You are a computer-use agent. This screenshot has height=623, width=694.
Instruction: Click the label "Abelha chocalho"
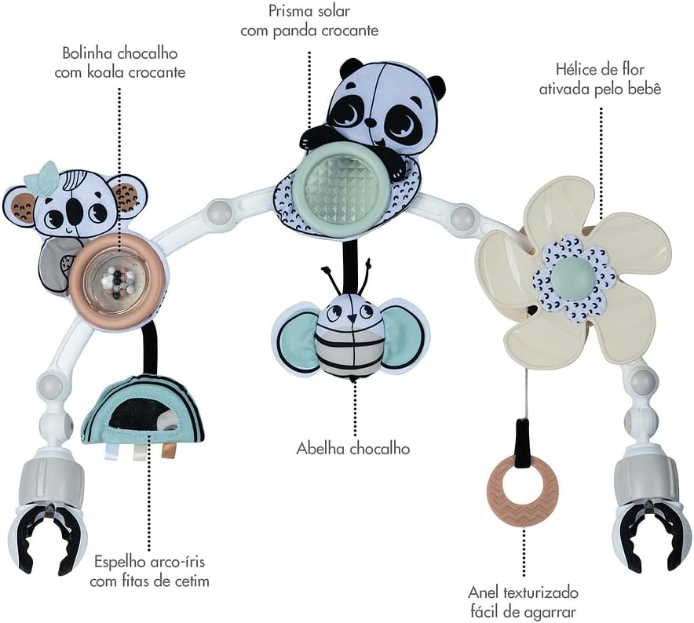[352, 448]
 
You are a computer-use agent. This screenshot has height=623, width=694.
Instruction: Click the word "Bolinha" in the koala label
[88, 54]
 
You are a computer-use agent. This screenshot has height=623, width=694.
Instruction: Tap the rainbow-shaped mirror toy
[142, 409]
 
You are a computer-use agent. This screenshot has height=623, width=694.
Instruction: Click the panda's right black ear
[436, 87]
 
